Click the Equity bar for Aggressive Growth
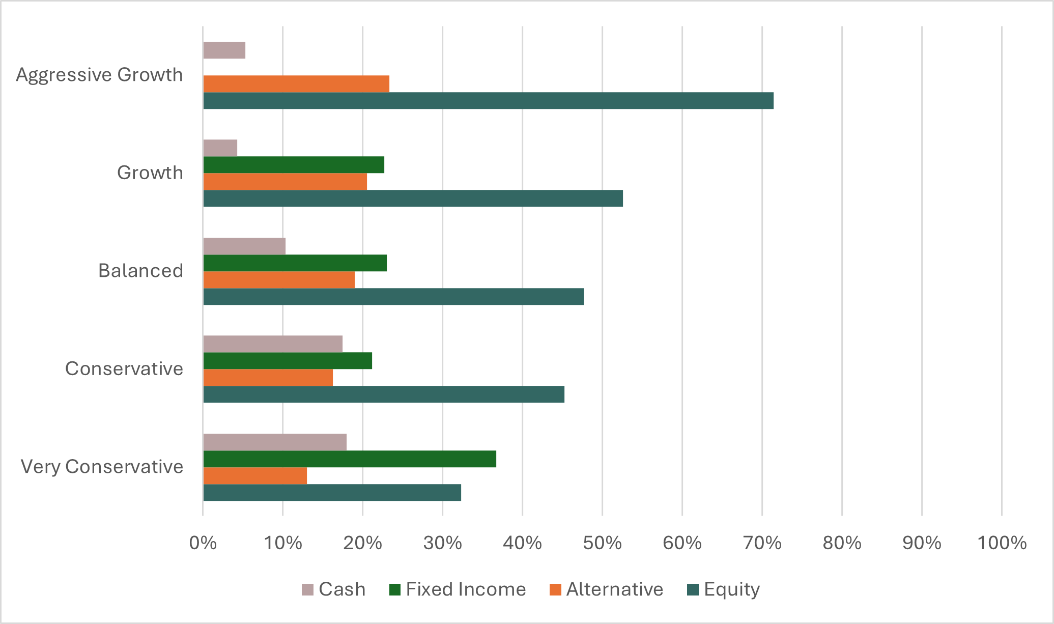[488, 101]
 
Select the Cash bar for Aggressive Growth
[224, 50]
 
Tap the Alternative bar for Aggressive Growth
[296, 84]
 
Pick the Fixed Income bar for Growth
[294, 165]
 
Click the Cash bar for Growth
[220, 148]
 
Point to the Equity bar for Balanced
[393, 297]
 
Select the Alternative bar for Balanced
[279, 280]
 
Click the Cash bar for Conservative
[273, 344]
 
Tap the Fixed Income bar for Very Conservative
[350, 459]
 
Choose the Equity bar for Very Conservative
[332, 493]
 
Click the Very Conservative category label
[102, 467]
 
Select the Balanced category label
[140, 271]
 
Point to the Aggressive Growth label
[99, 75]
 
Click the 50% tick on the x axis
[602, 544]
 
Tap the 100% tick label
[1002, 544]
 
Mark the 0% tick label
[203, 544]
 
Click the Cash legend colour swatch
[307, 590]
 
